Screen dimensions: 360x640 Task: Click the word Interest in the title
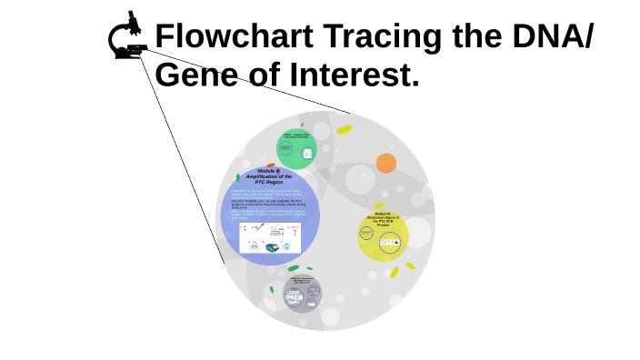pyautogui.click(x=354, y=75)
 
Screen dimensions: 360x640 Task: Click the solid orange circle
pyautogui.click(x=386, y=164)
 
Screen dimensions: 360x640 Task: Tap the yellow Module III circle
pyautogui.click(x=383, y=235)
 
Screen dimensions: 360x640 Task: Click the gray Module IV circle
pyautogui.click(x=302, y=293)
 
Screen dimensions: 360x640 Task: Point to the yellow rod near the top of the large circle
pyautogui.click(x=344, y=130)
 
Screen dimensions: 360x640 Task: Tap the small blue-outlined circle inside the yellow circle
pyautogui.click(x=366, y=234)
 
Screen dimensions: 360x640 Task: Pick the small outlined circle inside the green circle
pyautogui.click(x=288, y=148)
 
